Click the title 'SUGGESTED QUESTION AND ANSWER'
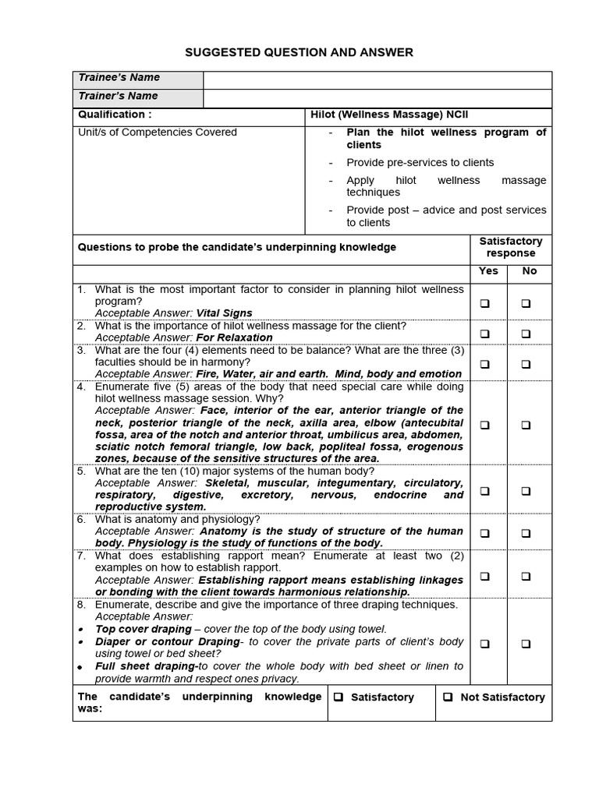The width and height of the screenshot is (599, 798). (299, 52)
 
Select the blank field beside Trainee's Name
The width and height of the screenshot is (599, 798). (377, 80)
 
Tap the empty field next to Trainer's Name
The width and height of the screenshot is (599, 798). (377, 98)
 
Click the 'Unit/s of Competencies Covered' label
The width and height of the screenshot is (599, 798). (157, 132)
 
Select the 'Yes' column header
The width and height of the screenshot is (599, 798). (489, 271)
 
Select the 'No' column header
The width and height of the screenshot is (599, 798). (530, 271)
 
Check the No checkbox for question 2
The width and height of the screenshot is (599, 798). (526, 334)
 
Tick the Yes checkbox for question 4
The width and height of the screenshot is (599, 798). (485, 425)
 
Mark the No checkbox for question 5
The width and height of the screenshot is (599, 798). (526, 491)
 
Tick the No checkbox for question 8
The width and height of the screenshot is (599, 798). (526, 644)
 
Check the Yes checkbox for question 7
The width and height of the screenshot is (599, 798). (485, 577)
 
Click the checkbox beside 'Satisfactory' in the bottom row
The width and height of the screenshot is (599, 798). (338, 697)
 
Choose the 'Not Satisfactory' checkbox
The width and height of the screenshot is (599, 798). (448, 697)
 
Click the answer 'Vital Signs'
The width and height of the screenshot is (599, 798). (224, 313)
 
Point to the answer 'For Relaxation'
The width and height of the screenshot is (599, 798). (234, 337)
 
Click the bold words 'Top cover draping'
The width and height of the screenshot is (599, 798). (143, 629)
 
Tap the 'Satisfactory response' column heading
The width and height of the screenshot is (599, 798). (511, 247)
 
